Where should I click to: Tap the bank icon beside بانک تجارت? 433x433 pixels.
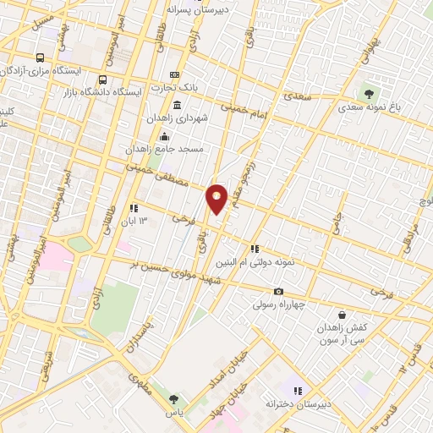175,74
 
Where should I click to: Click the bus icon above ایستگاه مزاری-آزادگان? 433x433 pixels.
40,58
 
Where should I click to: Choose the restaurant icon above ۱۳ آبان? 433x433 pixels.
133,208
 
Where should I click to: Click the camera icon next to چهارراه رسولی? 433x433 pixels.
278,292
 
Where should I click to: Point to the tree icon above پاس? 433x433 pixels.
174,398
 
